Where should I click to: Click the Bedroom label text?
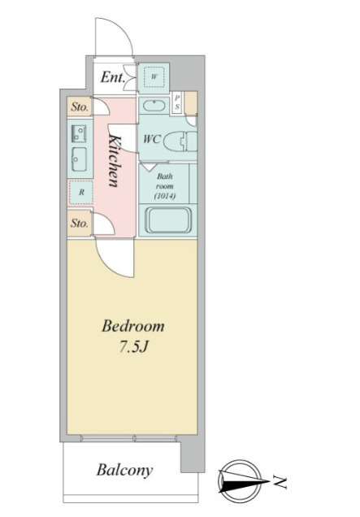132,326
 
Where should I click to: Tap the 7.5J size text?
132,347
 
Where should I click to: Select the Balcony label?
124,470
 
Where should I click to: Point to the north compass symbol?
241,480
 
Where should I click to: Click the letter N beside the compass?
280,482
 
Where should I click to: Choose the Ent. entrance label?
113,77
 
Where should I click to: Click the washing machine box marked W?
154,77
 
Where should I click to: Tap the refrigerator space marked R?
81,192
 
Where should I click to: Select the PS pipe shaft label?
177,102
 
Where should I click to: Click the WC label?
151,139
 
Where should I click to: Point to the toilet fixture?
180,141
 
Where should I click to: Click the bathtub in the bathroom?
168,220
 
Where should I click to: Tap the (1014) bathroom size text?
165,196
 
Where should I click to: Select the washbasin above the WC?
154,106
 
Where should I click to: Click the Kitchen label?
114,161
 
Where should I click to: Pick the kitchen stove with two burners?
79,133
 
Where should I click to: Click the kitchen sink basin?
79,159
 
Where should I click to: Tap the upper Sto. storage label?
80,106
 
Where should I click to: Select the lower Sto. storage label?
80,224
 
